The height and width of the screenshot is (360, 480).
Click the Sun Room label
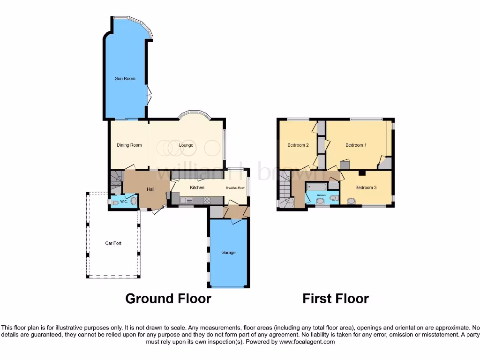click(x=125, y=78)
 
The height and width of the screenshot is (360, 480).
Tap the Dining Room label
click(x=129, y=145)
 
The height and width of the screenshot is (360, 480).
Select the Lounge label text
click(x=186, y=145)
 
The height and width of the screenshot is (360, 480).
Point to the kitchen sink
click(x=184, y=201)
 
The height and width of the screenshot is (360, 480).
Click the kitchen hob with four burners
click(x=207, y=200)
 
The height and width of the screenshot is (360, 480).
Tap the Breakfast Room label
click(x=235, y=188)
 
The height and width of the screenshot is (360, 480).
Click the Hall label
click(x=150, y=189)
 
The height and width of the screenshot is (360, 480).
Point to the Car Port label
click(x=113, y=243)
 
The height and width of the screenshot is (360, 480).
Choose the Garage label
click(x=228, y=253)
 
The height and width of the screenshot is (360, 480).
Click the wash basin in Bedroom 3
click(x=351, y=202)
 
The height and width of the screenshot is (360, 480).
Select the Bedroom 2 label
click(x=298, y=145)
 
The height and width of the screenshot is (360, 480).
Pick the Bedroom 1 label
click(x=356, y=145)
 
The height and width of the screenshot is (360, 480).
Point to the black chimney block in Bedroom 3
click(x=361, y=173)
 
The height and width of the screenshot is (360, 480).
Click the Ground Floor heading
click(x=168, y=299)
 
